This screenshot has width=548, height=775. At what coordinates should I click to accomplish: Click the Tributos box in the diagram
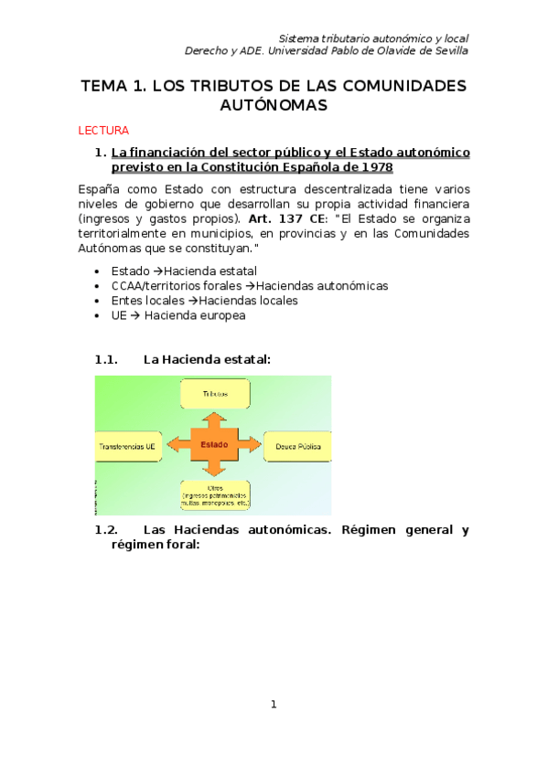(x=215, y=393)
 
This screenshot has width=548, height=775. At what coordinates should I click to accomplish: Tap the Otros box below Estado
(x=215, y=495)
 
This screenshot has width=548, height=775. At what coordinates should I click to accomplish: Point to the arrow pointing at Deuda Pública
(x=252, y=445)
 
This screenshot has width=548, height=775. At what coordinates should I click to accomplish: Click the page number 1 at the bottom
(x=273, y=704)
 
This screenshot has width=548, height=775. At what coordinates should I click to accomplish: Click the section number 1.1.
(x=107, y=360)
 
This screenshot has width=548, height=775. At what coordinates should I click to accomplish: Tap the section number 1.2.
(x=107, y=529)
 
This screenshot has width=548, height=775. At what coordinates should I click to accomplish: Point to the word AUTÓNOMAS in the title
(x=273, y=106)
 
